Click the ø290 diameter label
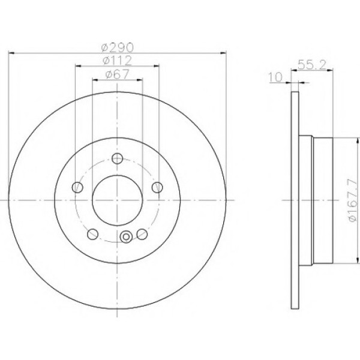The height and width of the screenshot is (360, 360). click(x=118, y=46)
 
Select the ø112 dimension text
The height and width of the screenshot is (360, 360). click(x=118, y=60)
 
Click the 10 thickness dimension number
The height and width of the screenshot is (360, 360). click(x=275, y=76)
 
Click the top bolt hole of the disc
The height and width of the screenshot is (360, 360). click(x=118, y=158)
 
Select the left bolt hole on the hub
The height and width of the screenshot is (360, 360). click(x=77, y=188)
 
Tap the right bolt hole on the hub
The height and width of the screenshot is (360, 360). click(x=158, y=188)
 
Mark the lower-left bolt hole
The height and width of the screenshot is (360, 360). click(x=92, y=234)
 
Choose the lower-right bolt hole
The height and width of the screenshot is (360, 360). click(x=142, y=234)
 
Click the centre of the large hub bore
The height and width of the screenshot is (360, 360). click(x=118, y=200)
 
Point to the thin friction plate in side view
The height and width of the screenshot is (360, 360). click(x=294, y=200)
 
